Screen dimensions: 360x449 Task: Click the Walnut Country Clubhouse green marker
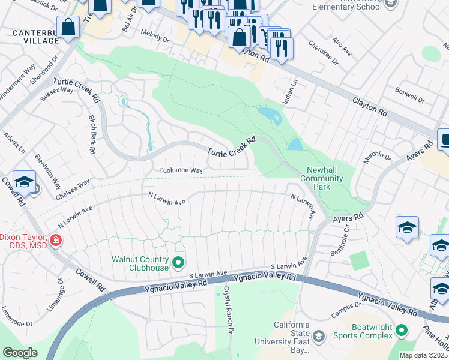[x=178, y=262]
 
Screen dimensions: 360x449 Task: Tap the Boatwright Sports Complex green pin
[x=401, y=330]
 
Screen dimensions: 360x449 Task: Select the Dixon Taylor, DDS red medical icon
[x=55, y=241]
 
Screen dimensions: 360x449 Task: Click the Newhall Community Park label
[x=321, y=178]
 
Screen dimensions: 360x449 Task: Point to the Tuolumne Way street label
[x=180, y=170]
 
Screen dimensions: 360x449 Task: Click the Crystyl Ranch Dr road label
[x=228, y=310]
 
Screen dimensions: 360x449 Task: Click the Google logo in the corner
[x=20, y=352]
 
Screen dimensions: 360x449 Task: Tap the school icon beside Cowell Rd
[x=24, y=182]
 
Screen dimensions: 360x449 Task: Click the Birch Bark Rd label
[x=92, y=135]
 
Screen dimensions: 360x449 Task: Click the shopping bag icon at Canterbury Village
[x=69, y=27]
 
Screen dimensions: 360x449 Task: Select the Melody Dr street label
[x=155, y=37]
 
